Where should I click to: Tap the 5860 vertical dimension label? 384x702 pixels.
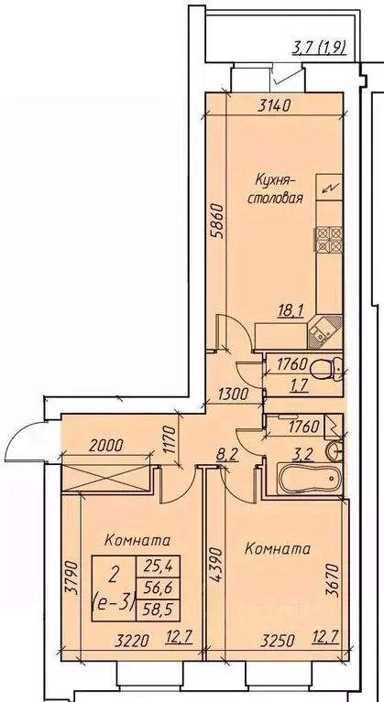[217, 229]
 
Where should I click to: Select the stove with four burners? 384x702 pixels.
[330, 240]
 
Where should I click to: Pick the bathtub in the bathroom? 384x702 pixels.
[309, 479]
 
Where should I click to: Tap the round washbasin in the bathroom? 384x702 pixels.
[335, 449]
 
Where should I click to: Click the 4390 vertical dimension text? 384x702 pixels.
[216, 564]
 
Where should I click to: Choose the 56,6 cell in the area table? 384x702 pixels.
[155, 587]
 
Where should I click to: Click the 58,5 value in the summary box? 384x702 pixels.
[155, 609]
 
